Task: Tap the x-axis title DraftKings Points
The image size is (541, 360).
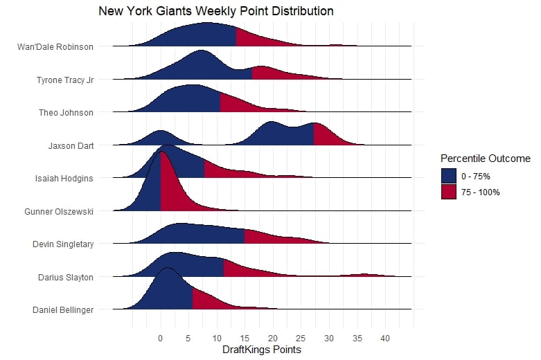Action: coord(261,350)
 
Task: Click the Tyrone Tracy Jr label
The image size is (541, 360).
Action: coord(64,80)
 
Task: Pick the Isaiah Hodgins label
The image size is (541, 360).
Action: coord(64,178)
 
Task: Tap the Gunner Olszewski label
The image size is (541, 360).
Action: coord(59,211)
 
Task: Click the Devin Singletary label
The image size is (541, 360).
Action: coord(63,244)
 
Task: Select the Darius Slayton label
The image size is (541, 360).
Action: coord(66,277)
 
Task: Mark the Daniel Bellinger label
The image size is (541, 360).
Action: coord(63,309)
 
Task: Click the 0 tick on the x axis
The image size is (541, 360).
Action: coord(161,339)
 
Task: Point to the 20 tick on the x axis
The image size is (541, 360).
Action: coord(272,339)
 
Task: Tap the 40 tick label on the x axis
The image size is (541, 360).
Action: coord(384,339)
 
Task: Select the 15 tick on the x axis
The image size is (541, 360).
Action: coord(245,339)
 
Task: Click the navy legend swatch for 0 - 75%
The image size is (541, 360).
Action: coord(449,176)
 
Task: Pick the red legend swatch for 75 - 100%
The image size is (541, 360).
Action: coord(449,192)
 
